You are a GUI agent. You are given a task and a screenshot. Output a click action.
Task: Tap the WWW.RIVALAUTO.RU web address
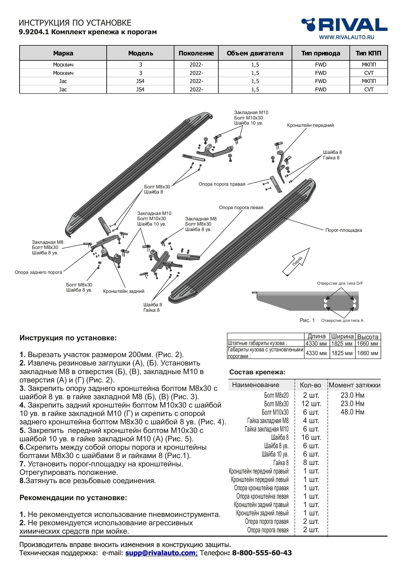pos(346,37)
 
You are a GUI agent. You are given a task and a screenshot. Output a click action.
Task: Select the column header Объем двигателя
pos(255,53)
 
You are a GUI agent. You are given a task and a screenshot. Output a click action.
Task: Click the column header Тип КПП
pos(368,53)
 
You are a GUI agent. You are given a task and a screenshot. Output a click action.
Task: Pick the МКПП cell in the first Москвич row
pos(369,65)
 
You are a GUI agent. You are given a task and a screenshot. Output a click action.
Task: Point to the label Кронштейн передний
pos(310,125)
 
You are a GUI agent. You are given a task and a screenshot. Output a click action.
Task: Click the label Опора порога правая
pos(222,184)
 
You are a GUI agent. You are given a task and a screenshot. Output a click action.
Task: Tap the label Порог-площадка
pos(343,230)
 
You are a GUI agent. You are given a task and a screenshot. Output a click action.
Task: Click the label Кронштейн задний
pos(124,291)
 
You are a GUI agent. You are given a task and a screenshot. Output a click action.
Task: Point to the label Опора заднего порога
pos(38,272)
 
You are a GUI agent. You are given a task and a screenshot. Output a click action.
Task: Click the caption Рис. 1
pos(307,320)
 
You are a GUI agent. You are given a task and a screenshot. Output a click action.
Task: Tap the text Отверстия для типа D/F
pos(340,283)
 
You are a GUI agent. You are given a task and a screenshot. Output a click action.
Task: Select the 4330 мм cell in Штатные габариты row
pos(316,344)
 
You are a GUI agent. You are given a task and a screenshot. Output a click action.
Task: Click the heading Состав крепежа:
pos(257,372)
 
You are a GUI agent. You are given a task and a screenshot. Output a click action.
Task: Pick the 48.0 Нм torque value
pos(352,412)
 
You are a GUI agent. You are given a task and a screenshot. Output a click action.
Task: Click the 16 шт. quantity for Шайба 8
pos(311,437)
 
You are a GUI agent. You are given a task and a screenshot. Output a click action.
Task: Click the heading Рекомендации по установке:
pos(73,498)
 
